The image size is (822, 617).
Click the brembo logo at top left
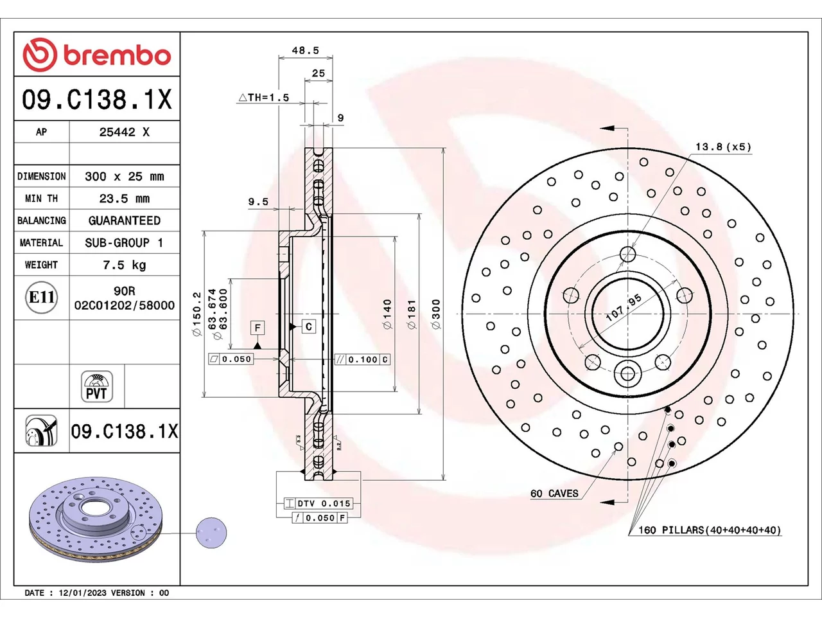(x=96, y=55)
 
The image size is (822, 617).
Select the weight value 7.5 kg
(x=125, y=265)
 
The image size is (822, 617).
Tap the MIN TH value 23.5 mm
(x=125, y=198)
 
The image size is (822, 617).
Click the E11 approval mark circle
(x=42, y=298)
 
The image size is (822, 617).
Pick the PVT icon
(x=96, y=386)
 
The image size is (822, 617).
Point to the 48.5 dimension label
(x=305, y=50)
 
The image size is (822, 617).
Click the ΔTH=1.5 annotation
(x=264, y=98)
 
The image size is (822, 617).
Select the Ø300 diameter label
(x=436, y=314)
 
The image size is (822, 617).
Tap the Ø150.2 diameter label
(x=197, y=314)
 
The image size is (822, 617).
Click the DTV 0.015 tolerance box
(x=319, y=503)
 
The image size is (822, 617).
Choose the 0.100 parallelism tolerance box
(x=362, y=359)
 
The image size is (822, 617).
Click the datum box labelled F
(x=258, y=328)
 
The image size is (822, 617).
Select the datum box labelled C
(x=309, y=326)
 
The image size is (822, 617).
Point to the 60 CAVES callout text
(x=554, y=494)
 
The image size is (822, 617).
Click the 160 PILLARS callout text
(x=710, y=530)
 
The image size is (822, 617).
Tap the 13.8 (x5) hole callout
(x=724, y=147)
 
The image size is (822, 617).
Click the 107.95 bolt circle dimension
(x=624, y=308)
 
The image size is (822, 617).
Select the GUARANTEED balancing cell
(x=125, y=220)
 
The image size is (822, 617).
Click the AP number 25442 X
(x=125, y=132)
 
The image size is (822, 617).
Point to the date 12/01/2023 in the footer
(x=82, y=593)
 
